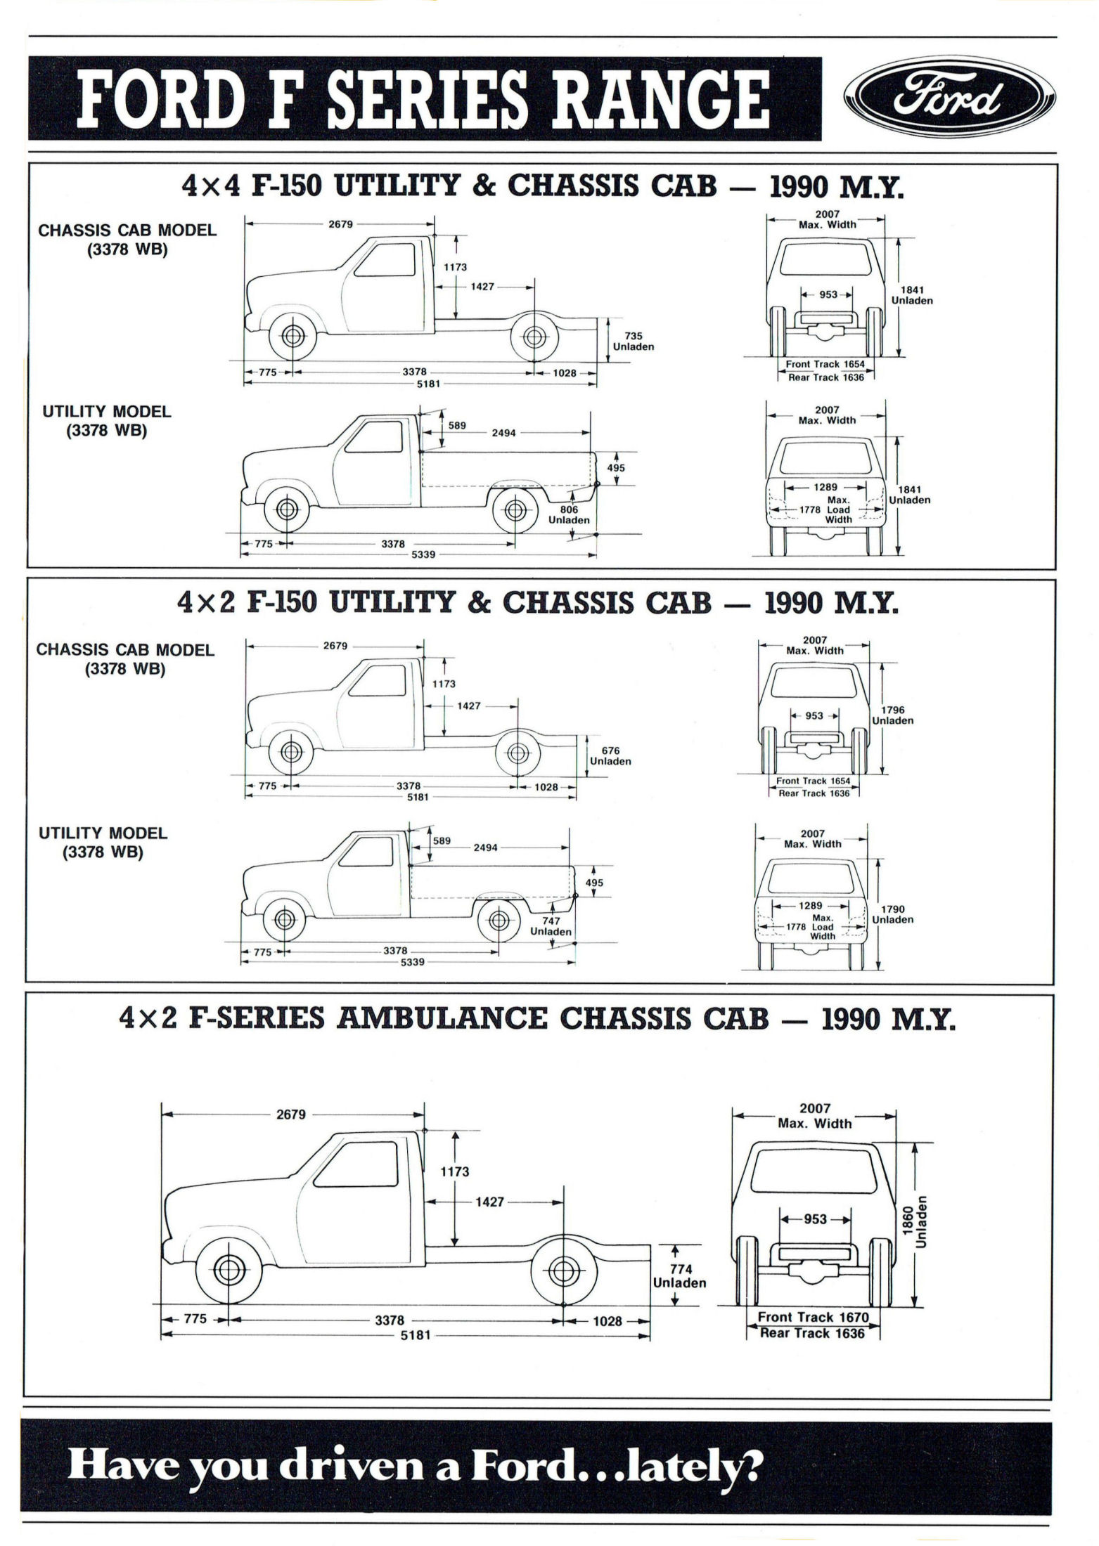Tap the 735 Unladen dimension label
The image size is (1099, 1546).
tap(633, 342)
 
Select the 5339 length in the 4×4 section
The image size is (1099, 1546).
tap(423, 554)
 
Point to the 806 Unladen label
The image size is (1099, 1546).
tap(569, 515)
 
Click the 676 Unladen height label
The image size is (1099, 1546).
tap(610, 756)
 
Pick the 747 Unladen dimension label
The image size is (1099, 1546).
tap(551, 926)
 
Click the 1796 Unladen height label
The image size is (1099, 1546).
tap(892, 715)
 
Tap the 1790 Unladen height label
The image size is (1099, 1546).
tap(892, 914)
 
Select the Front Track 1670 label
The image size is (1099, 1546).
tap(813, 1317)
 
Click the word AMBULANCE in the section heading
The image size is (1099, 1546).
tap(442, 1019)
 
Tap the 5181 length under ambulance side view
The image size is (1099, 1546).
tap(415, 1334)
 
